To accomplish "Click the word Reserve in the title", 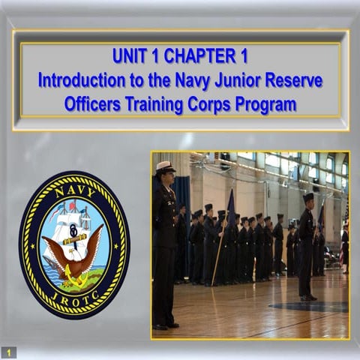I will pos(298,79).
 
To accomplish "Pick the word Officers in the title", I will pos(93,104).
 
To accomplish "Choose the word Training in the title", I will pos(158,104).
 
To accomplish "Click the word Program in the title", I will pos(268,104).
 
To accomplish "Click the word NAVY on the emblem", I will pos(73,190).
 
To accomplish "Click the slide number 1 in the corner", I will pos(9,352).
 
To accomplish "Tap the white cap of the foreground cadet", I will pos(165,166).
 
